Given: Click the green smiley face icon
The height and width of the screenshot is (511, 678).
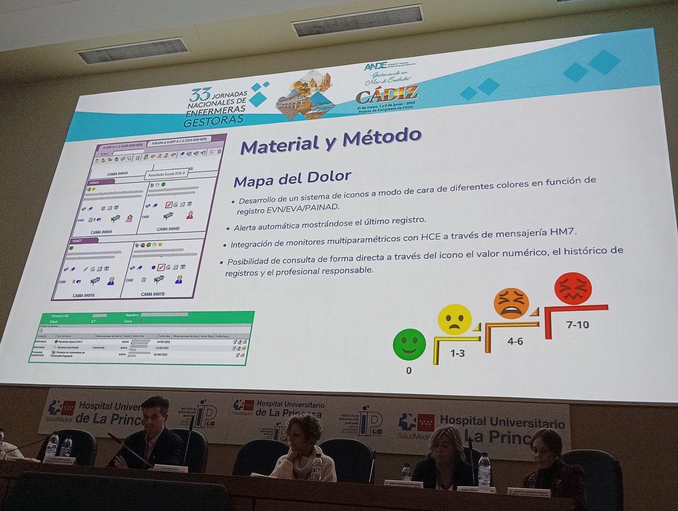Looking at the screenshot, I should pos(409,344).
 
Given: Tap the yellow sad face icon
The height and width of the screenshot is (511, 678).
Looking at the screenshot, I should pos(454,319).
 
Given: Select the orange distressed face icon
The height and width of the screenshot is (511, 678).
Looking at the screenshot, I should pos(511,304).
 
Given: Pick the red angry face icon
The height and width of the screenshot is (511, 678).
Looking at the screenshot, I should pos(572,288).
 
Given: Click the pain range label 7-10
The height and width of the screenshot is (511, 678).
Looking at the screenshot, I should pos(577,324).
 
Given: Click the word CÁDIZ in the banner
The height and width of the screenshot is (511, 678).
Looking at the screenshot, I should pos(387,93).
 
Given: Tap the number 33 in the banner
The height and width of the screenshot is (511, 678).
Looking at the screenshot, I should pos(200,93).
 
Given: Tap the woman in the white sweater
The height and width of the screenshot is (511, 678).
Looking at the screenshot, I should pos(303,449).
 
